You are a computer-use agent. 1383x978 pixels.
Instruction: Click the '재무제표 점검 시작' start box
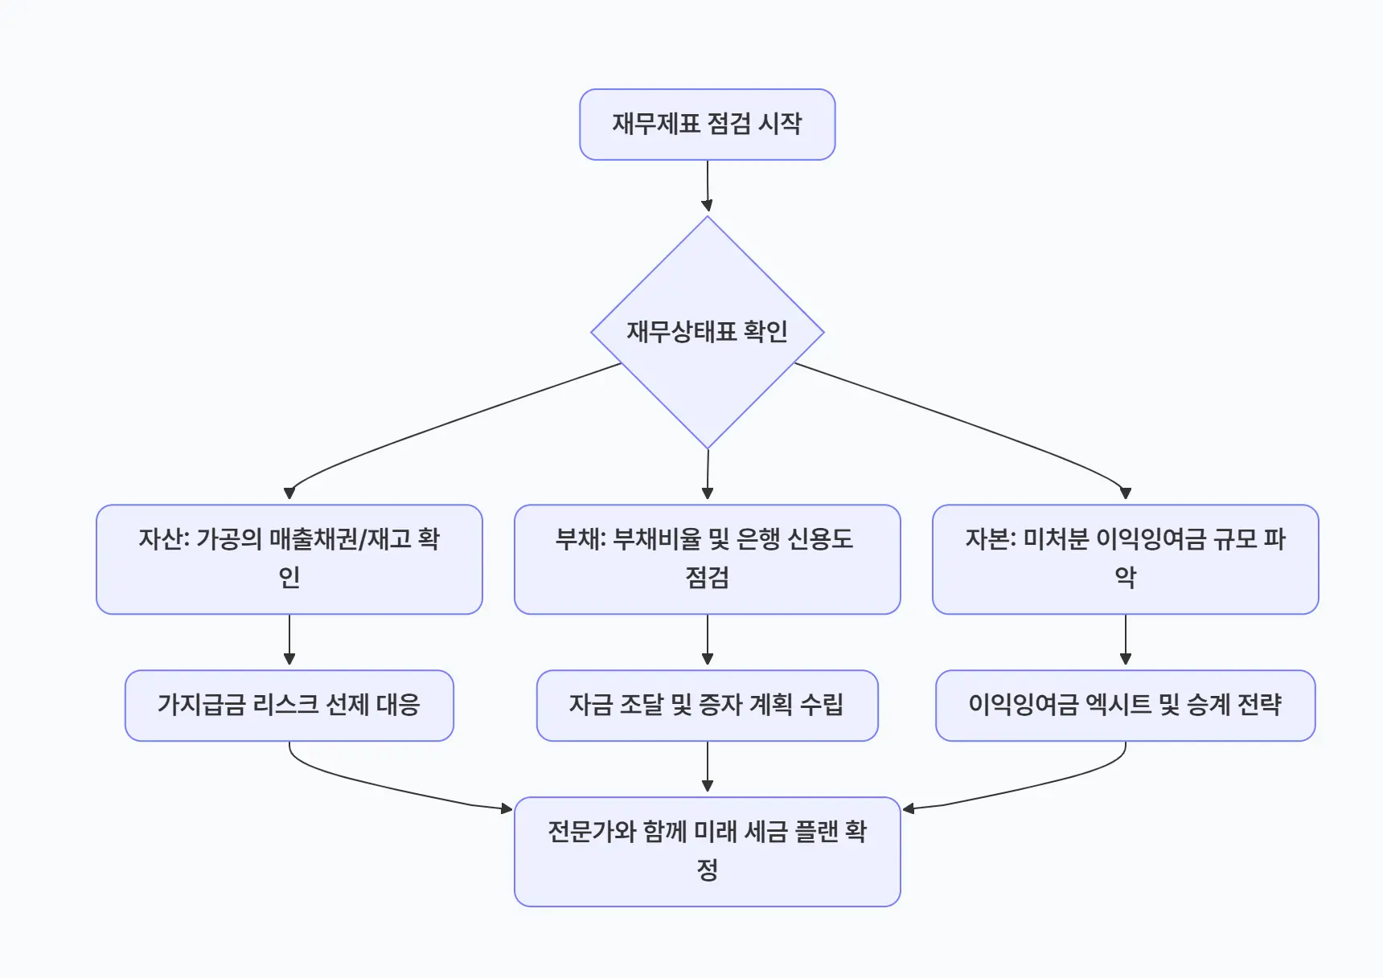point(707,125)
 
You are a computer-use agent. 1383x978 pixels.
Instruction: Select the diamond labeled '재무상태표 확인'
point(707,332)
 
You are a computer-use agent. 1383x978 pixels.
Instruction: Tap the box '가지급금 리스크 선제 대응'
point(289,706)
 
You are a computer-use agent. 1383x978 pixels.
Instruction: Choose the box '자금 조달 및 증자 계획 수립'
point(707,706)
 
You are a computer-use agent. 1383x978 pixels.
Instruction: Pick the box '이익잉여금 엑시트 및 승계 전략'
point(1125,706)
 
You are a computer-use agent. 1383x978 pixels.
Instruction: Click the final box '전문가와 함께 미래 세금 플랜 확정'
point(707,851)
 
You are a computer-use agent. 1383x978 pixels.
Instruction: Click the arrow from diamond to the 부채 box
point(708,474)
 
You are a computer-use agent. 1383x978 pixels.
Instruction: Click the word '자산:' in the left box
point(164,539)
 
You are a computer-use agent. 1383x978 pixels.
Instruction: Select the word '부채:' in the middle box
point(581,539)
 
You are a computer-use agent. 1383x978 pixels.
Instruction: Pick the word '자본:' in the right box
point(991,539)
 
